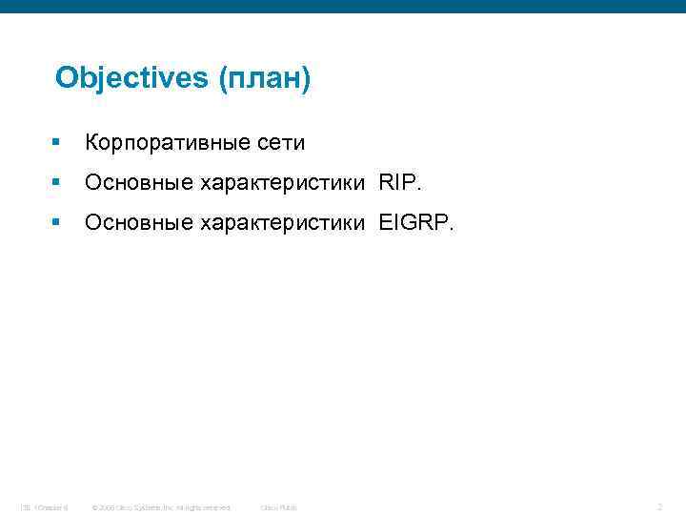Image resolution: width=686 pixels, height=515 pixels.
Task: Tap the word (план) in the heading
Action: tap(264, 78)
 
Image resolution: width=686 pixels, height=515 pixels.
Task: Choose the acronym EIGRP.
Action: tap(417, 223)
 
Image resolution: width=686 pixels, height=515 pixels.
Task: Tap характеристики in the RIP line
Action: tap(282, 183)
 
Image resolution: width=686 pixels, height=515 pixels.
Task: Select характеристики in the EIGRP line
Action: tap(282, 223)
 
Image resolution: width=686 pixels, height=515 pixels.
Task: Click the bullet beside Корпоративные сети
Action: tap(57, 143)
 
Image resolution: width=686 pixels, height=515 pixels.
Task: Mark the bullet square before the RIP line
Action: tap(57, 183)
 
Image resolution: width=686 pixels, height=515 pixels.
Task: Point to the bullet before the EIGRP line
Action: tap(57, 223)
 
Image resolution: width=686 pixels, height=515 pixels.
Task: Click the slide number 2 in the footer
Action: tap(659, 507)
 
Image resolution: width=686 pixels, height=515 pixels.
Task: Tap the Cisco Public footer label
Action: tap(279, 507)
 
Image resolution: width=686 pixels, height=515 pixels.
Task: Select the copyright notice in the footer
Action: tap(161, 507)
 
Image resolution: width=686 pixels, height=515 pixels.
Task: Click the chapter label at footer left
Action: tap(43, 507)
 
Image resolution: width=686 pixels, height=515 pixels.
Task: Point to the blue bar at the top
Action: tap(343, 6)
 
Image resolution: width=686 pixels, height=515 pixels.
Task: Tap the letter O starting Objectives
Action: tap(66, 78)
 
